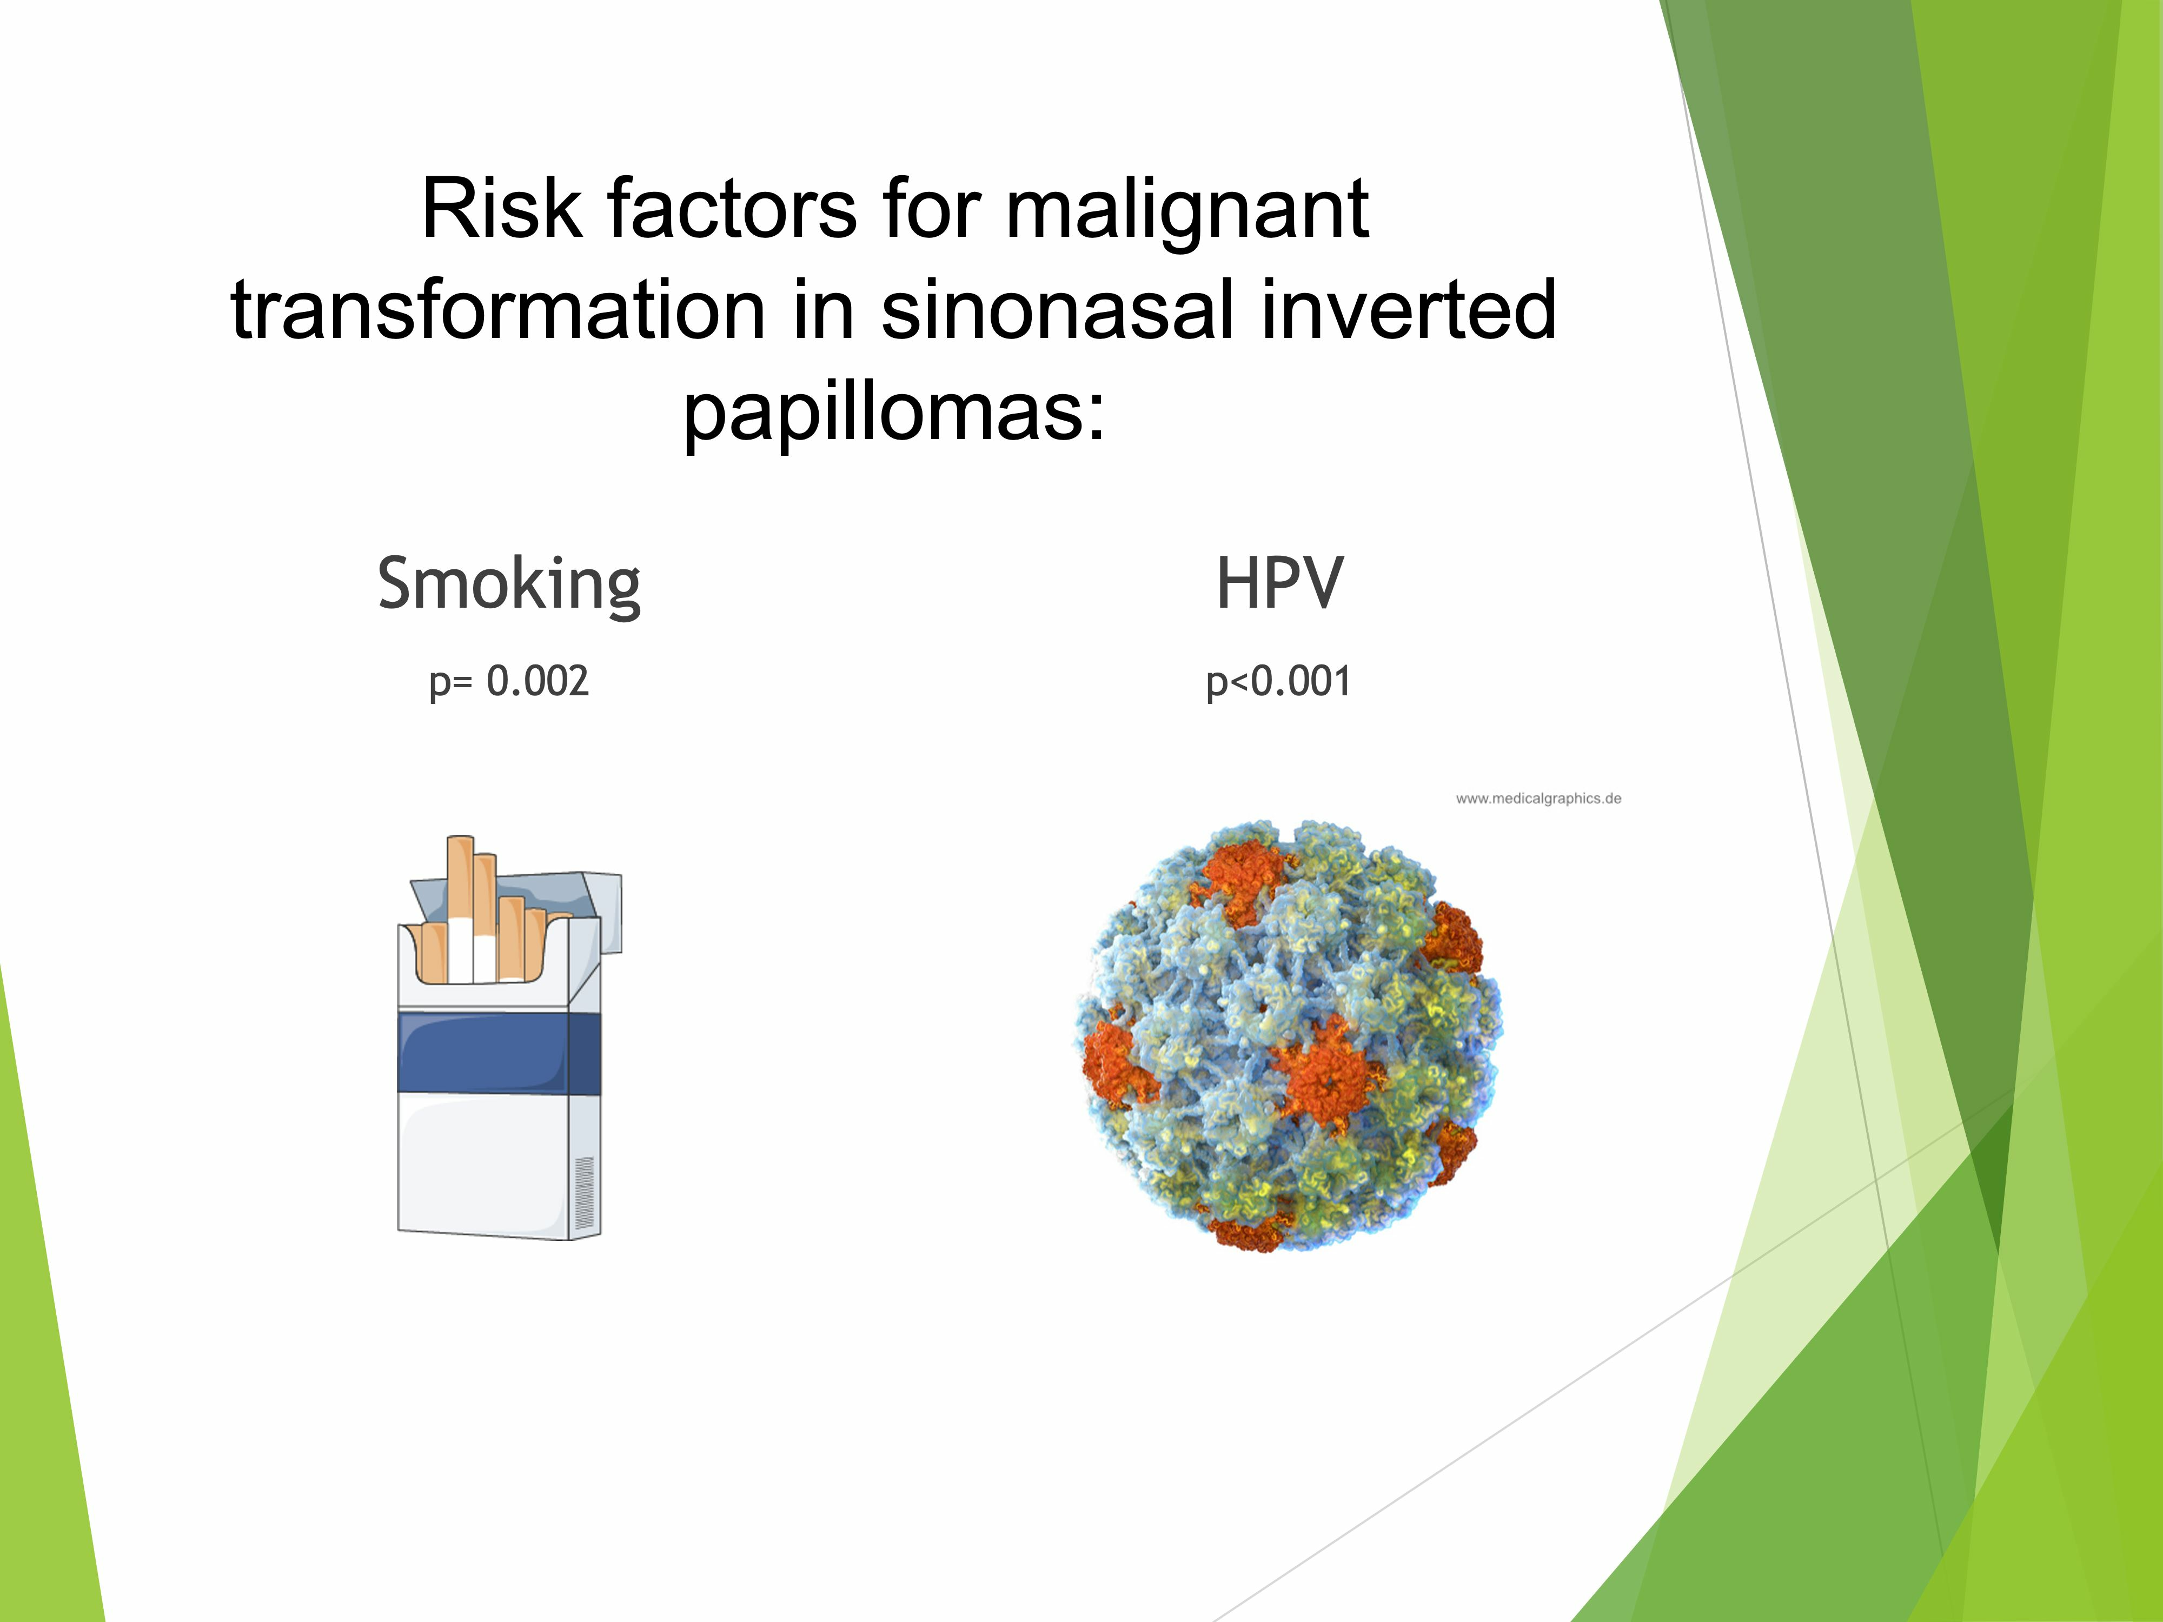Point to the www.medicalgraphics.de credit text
tap(1538, 799)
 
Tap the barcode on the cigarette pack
tap(585, 1193)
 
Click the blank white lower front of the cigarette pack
tap(484, 1164)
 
